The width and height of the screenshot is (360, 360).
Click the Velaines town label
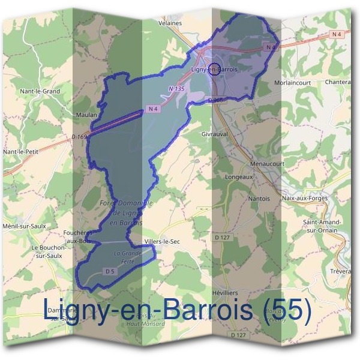170,23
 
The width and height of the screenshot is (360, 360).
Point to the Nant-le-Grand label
40,91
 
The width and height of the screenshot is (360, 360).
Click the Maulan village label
86,113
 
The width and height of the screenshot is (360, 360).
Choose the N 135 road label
176,89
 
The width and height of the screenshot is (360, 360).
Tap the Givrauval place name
215,135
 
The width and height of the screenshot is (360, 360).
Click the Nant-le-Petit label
20,152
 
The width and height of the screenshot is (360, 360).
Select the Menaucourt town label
267,163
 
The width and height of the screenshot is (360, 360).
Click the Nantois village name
259,198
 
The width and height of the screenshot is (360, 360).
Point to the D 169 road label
79,137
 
